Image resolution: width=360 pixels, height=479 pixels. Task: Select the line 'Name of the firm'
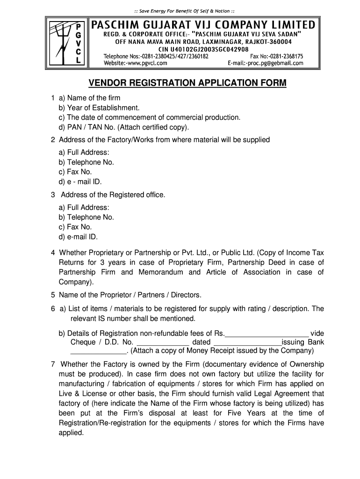94,98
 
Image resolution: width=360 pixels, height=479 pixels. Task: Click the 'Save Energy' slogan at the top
180,11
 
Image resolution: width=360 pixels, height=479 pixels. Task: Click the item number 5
53,295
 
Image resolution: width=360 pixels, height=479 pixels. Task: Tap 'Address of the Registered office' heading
112,195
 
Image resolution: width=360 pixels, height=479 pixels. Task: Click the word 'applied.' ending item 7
71,433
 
